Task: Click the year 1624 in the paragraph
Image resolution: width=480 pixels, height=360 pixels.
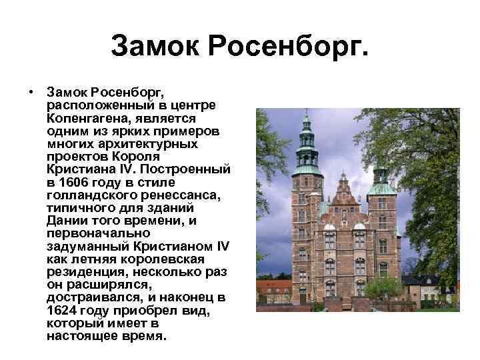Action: (x=63, y=309)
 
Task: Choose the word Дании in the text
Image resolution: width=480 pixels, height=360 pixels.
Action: (x=65, y=220)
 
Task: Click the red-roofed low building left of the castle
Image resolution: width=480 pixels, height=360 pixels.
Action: (x=273, y=288)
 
